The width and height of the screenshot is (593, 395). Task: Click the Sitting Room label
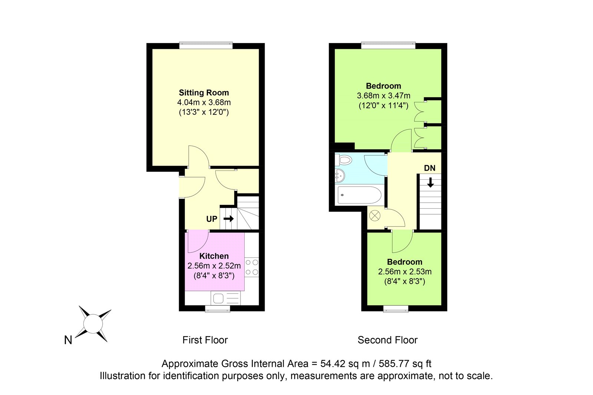[204, 93]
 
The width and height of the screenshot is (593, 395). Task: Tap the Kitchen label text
[214, 256]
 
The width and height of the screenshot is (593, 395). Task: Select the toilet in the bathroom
[343, 160]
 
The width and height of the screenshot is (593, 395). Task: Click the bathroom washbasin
[340, 175]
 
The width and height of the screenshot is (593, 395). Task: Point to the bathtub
[360, 195]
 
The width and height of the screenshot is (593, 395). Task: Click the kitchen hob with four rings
[252, 267]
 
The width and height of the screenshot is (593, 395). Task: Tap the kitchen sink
[226, 298]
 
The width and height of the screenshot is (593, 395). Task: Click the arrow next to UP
[228, 219]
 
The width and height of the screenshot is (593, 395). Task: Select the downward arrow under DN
[430, 183]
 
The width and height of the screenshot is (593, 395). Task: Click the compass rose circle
[93, 323]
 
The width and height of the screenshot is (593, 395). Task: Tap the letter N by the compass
[68, 340]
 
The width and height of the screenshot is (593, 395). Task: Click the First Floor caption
[205, 340]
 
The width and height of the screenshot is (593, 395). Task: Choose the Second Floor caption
[388, 340]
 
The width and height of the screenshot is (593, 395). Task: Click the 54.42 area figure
[333, 364]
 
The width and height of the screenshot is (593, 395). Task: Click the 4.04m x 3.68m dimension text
[204, 103]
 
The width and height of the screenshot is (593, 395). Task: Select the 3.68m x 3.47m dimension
[384, 96]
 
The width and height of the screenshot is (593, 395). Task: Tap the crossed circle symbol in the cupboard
[375, 216]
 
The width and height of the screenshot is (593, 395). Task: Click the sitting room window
[206, 45]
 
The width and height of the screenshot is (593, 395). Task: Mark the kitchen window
[218, 308]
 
